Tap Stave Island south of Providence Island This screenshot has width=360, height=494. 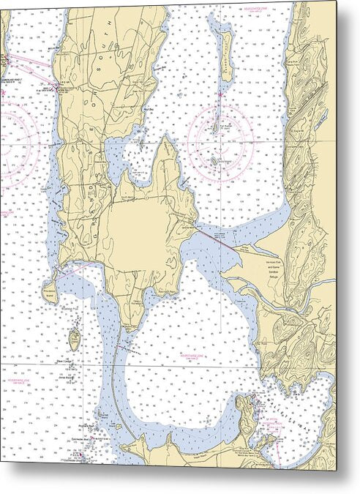pyautogui.click(x=75, y=337)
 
